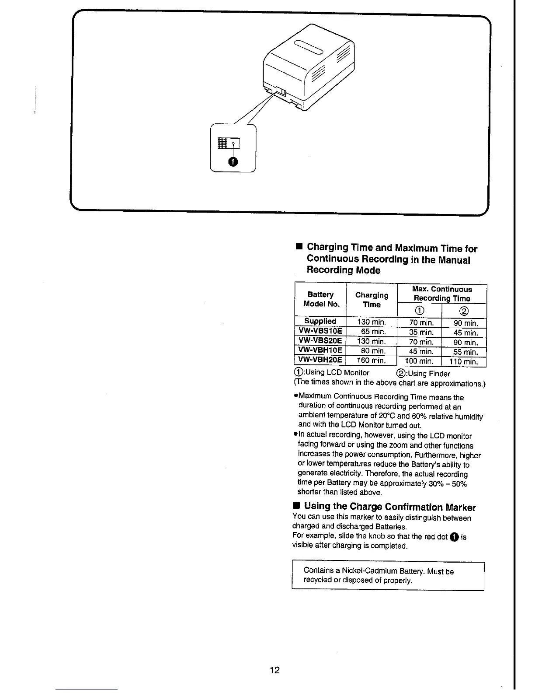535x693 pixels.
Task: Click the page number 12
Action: click(274, 670)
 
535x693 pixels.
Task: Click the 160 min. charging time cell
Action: click(372, 360)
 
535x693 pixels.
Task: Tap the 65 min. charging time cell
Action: click(373, 332)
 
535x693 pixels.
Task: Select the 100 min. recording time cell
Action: click(419, 361)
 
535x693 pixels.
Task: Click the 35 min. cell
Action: click(421, 332)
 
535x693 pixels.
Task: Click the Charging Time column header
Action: click(372, 300)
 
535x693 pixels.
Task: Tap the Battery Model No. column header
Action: click(321, 299)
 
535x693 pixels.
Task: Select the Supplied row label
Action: click(320, 321)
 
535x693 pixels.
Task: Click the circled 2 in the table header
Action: click(464, 311)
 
